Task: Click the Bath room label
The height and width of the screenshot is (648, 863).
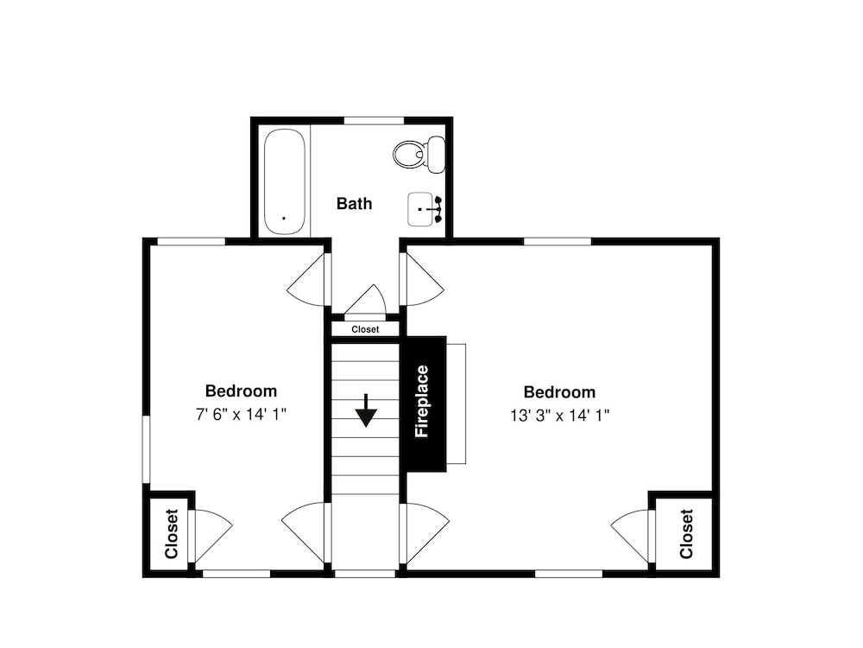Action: (x=354, y=203)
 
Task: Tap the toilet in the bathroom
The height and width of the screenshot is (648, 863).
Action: (x=419, y=155)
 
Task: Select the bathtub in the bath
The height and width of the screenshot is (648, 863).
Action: (x=284, y=181)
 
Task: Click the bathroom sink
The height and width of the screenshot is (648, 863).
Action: (x=425, y=209)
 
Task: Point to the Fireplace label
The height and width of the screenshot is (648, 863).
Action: (x=422, y=402)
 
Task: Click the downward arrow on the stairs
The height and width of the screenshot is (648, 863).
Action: (x=365, y=410)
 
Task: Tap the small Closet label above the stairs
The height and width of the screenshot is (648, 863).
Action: (x=365, y=329)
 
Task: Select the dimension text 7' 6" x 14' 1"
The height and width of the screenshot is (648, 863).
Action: (x=241, y=415)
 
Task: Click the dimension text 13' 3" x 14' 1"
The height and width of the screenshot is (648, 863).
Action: (x=559, y=416)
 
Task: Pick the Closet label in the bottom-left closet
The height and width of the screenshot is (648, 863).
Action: (x=171, y=534)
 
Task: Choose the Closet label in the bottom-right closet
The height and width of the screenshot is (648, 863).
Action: (x=686, y=534)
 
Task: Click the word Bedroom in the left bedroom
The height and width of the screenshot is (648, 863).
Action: (x=241, y=391)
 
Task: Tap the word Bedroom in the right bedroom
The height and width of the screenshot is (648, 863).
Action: (x=559, y=392)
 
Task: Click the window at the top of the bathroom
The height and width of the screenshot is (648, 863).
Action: (x=374, y=121)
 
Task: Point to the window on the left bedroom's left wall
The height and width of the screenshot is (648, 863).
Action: (x=147, y=449)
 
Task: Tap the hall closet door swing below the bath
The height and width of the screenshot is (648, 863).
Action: (x=365, y=301)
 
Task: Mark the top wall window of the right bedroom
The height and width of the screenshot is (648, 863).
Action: (x=557, y=241)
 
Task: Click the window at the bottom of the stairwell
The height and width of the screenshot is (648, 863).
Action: (x=365, y=574)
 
